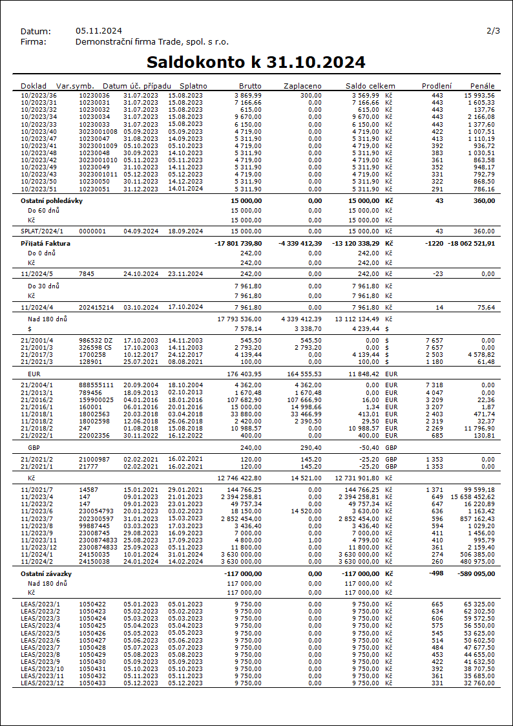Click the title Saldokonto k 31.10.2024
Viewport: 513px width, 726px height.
[x=256, y=62]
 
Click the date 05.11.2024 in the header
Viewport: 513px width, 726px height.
[x=98, y=31]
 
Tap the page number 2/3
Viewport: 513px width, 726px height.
[x=493, y=31]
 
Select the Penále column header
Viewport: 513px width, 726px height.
[x=483, y=86]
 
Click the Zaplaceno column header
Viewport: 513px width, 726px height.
[x=302, y=86]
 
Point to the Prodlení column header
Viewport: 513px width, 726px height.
[x=437, y=86]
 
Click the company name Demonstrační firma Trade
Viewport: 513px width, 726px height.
[x=152, y=41]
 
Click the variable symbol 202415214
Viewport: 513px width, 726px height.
[x=96, y=307]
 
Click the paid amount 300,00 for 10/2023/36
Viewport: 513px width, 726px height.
[x=311, y=96]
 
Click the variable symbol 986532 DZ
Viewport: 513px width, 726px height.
[x=96, y=340]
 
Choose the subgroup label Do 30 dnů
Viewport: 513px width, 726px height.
[x=44, y=286]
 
